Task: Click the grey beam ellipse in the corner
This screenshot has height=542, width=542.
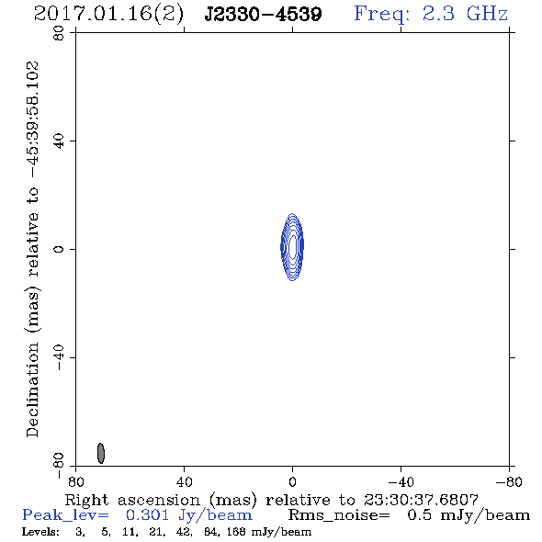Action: pyautogui.click(x=100, y=453)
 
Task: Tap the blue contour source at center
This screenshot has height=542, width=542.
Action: pyautogui.click(x=292, y=247)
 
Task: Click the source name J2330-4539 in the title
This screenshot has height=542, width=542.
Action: pyautogui.click(x=263, y=14)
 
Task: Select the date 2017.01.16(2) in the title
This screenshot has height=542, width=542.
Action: pyautogui.click(x=108, y=15)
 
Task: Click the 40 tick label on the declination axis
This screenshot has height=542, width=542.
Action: pyautogui.click(x=59, y=141)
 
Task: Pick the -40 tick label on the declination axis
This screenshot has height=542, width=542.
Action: pyautogui.click(x=59, y=357)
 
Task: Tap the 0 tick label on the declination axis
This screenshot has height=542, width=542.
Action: pyautogui.click(x=59, y=249)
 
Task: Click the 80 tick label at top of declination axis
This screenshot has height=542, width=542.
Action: pyautogui.click(x=59, y=33)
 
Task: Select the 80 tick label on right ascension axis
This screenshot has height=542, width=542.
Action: pyautogui.click(x=75, y=481)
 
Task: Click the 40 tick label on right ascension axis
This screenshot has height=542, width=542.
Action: pyautogui.click(x=184, y=481)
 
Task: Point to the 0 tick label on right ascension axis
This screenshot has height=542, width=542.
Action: pyautogui.click(x=292, y=481)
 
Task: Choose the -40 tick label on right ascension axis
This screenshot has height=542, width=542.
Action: pyautogui.click(x=401, y=481)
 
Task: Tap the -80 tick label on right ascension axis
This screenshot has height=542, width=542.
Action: pyautogui.click(x=509, y=481)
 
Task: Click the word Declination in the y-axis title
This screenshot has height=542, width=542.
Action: pyautogui.click(x=32, y=390)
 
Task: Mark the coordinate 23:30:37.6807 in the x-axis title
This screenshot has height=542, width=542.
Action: pyautogui.click(x=421, y=500)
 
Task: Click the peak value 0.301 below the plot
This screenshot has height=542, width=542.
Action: pyautogui.click(x=147, y=515)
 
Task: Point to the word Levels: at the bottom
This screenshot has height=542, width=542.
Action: pyautogui.click(x=40, y=531)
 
